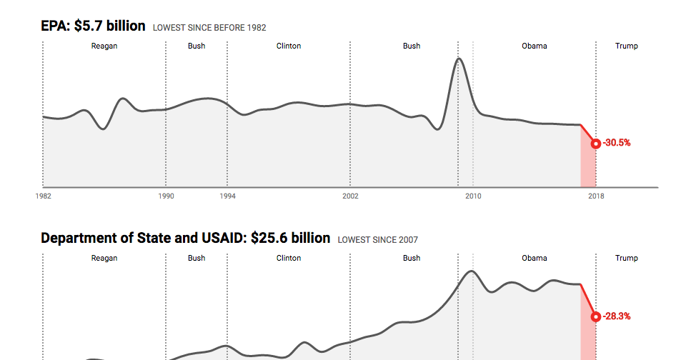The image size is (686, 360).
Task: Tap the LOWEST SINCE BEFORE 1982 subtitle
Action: click(209, 28)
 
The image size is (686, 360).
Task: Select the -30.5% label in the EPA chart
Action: click(617, 143)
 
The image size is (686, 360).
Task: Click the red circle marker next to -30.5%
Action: click(595, 144)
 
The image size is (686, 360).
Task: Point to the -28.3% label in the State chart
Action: click(617, 316)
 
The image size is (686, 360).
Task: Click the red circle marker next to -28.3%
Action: click(595, 316)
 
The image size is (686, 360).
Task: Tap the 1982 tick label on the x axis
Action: click(43, 196)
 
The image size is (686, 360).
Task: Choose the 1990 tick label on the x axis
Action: click(166, 196)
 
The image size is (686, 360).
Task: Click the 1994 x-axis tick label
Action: click(227, 196)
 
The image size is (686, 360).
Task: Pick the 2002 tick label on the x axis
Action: click(350, 196)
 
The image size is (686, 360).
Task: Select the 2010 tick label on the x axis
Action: click(473, 196)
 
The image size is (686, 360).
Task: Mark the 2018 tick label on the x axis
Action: click(596, 196)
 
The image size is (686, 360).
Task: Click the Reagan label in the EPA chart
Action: click(104, 46)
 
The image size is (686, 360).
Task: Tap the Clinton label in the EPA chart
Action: click(289, 46)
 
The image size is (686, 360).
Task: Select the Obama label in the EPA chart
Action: click(535, 46)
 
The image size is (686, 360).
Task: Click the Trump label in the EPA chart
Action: click(627, 46)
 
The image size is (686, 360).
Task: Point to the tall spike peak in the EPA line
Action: click(459, 59)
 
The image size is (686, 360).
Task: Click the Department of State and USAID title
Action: click(186, 238)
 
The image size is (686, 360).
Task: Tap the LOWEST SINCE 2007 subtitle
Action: click(377, 240)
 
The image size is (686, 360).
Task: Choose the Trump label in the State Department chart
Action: click(627, 258)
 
